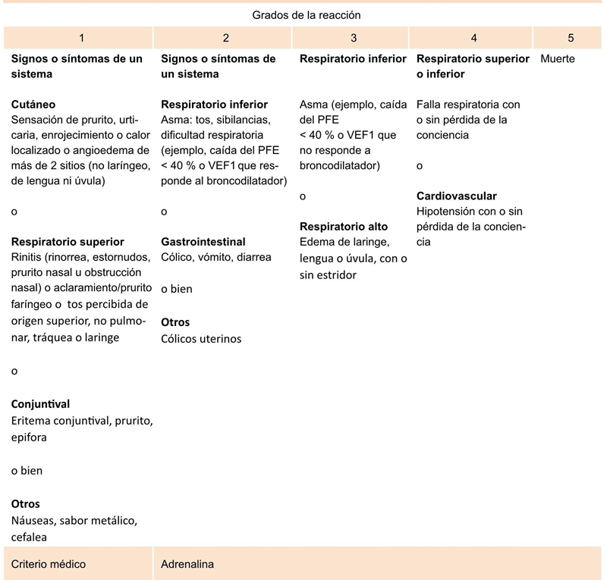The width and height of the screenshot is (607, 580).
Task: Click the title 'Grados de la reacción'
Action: [x=305, y=15]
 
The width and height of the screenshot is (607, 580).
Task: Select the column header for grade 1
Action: [x=82, y=37]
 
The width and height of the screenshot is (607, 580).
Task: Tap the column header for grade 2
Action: [x=225, y=37]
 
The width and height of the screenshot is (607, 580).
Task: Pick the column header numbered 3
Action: [x=354, y=37]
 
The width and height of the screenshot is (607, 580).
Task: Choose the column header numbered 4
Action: [x=473, y=37]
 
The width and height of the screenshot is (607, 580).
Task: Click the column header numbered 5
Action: [x=570, y=37]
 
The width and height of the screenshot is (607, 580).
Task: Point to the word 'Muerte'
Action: [x=558, y=58]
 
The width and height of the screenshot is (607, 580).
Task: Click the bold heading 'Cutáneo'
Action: [x=33, y=104]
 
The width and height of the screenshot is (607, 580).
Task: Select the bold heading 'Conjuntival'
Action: [x=40, y=404]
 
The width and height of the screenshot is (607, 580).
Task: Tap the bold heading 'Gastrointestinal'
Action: [x=203, y=242]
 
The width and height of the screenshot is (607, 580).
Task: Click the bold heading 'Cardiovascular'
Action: [x=457, y=196]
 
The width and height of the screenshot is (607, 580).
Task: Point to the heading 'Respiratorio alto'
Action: [x=344, y=226]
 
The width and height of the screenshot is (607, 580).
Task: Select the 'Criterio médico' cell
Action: [x=49, y=564]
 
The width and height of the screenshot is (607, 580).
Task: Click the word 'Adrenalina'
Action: [x=187, y=564]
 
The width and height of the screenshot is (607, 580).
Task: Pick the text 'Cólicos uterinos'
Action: [x=201, y=338]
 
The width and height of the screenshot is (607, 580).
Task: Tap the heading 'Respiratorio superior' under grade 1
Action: [x=68, y=242]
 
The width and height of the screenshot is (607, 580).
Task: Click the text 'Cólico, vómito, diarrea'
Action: [x=216, y=257]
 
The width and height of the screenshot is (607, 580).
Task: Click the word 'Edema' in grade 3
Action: [x=316, y=242]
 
